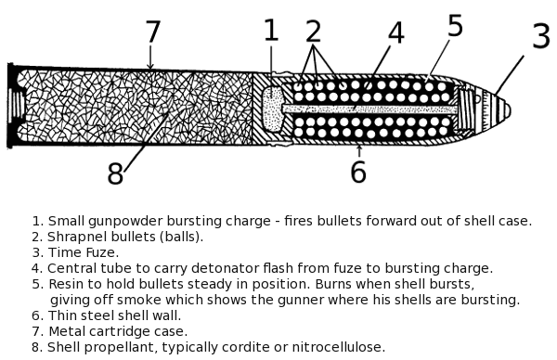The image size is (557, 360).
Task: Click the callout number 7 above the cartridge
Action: (x=153, y=33)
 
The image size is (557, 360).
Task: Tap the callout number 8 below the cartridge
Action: (x=115, y=174)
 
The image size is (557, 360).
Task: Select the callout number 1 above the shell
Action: (x=270, y=31)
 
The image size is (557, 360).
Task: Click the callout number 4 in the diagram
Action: (x=396, y=33)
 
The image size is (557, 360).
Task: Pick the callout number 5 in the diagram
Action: (x=455, y=26)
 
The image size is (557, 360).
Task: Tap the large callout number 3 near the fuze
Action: (x=540, y=37)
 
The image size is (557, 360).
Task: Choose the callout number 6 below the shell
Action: (x=358, y=172)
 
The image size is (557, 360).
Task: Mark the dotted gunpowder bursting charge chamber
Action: (x=271, y=109)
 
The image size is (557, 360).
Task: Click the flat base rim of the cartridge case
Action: (x=11, y=106)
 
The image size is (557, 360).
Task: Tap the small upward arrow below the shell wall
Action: (x=359, y=148)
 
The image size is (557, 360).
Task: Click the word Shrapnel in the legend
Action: (x=79, y=237)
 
